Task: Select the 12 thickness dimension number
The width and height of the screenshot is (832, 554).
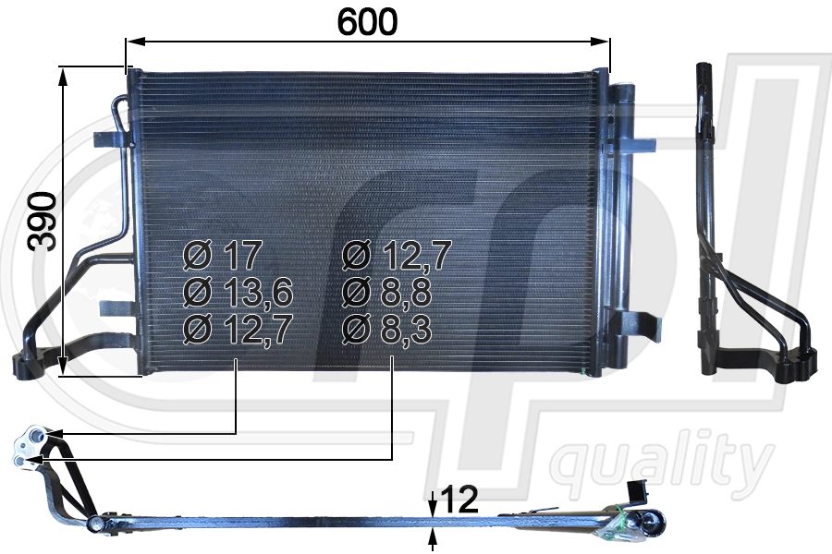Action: tap(459, 500)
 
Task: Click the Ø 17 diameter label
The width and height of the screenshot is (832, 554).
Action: tap(224, 254)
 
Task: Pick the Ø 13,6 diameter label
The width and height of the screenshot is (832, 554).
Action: tap(238, 293)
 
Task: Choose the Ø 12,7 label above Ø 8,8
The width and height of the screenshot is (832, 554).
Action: tap(397, 254)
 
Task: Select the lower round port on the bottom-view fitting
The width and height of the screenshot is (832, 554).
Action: tap(22, 458)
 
